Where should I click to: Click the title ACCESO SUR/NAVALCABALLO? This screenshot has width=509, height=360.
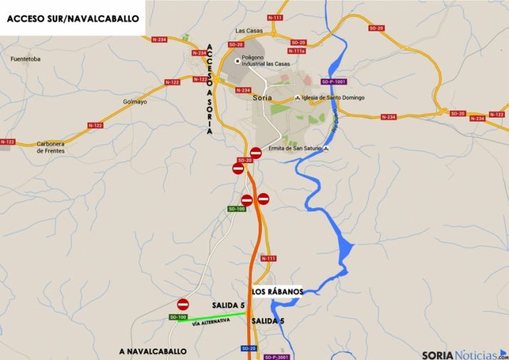pos(73,19)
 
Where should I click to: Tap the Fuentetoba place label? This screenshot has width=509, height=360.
pos(27,59)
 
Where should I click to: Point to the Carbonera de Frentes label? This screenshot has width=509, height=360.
pos(51,148)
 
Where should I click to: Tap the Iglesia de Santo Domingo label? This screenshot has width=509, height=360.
pos(333,98)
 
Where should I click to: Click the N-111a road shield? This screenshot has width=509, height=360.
pos(297,51)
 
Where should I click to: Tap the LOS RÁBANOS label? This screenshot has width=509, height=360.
pos(277,292)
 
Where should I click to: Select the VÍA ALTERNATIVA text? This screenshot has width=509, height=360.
pos(211,324)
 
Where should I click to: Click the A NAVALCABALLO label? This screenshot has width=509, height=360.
pos(154,351)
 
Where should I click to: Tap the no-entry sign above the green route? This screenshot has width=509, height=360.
pos(183,304)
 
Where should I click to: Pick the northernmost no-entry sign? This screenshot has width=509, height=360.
pos(256,153)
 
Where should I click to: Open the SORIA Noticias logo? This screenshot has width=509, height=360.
pos(464,354)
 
